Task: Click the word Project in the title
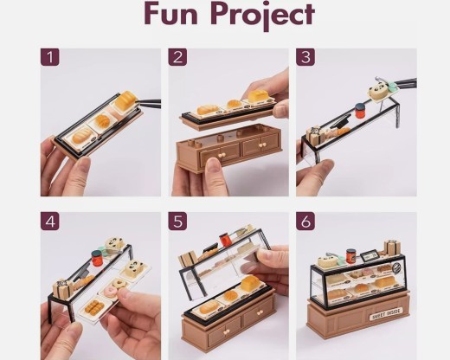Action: coord(259,16)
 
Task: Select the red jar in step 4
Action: coord(97,256)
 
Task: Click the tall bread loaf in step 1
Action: coord(128,102)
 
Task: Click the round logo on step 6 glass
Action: coord(385,270)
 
